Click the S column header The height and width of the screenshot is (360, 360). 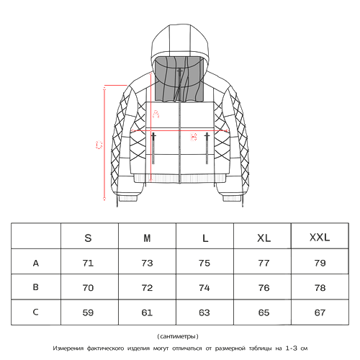point(88,238)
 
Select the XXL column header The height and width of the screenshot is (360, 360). point(320,238)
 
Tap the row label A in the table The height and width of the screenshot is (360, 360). point(36,264)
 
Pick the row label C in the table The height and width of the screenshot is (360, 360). point(35,312)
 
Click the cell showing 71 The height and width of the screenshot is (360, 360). point(88,264)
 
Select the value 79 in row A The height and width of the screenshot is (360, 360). point(320,264)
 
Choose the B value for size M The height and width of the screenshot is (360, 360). point(147,288)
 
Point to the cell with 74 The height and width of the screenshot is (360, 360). point(204,288)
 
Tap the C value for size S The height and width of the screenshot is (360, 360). point(88,312)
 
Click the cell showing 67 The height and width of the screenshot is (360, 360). point(320,312)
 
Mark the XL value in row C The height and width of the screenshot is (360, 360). point(264,312)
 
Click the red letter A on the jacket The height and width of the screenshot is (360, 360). point(156,114)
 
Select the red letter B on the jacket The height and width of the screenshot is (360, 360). point(194,137)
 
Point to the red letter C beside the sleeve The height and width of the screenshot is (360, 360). point(99,145)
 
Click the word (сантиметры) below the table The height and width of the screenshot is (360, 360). point(178,336)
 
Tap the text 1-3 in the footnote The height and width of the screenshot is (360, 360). point(292,348)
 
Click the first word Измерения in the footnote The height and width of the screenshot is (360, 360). point(68,348)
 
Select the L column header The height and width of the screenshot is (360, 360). point(205,238)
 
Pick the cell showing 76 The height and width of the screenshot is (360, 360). point(264,288)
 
